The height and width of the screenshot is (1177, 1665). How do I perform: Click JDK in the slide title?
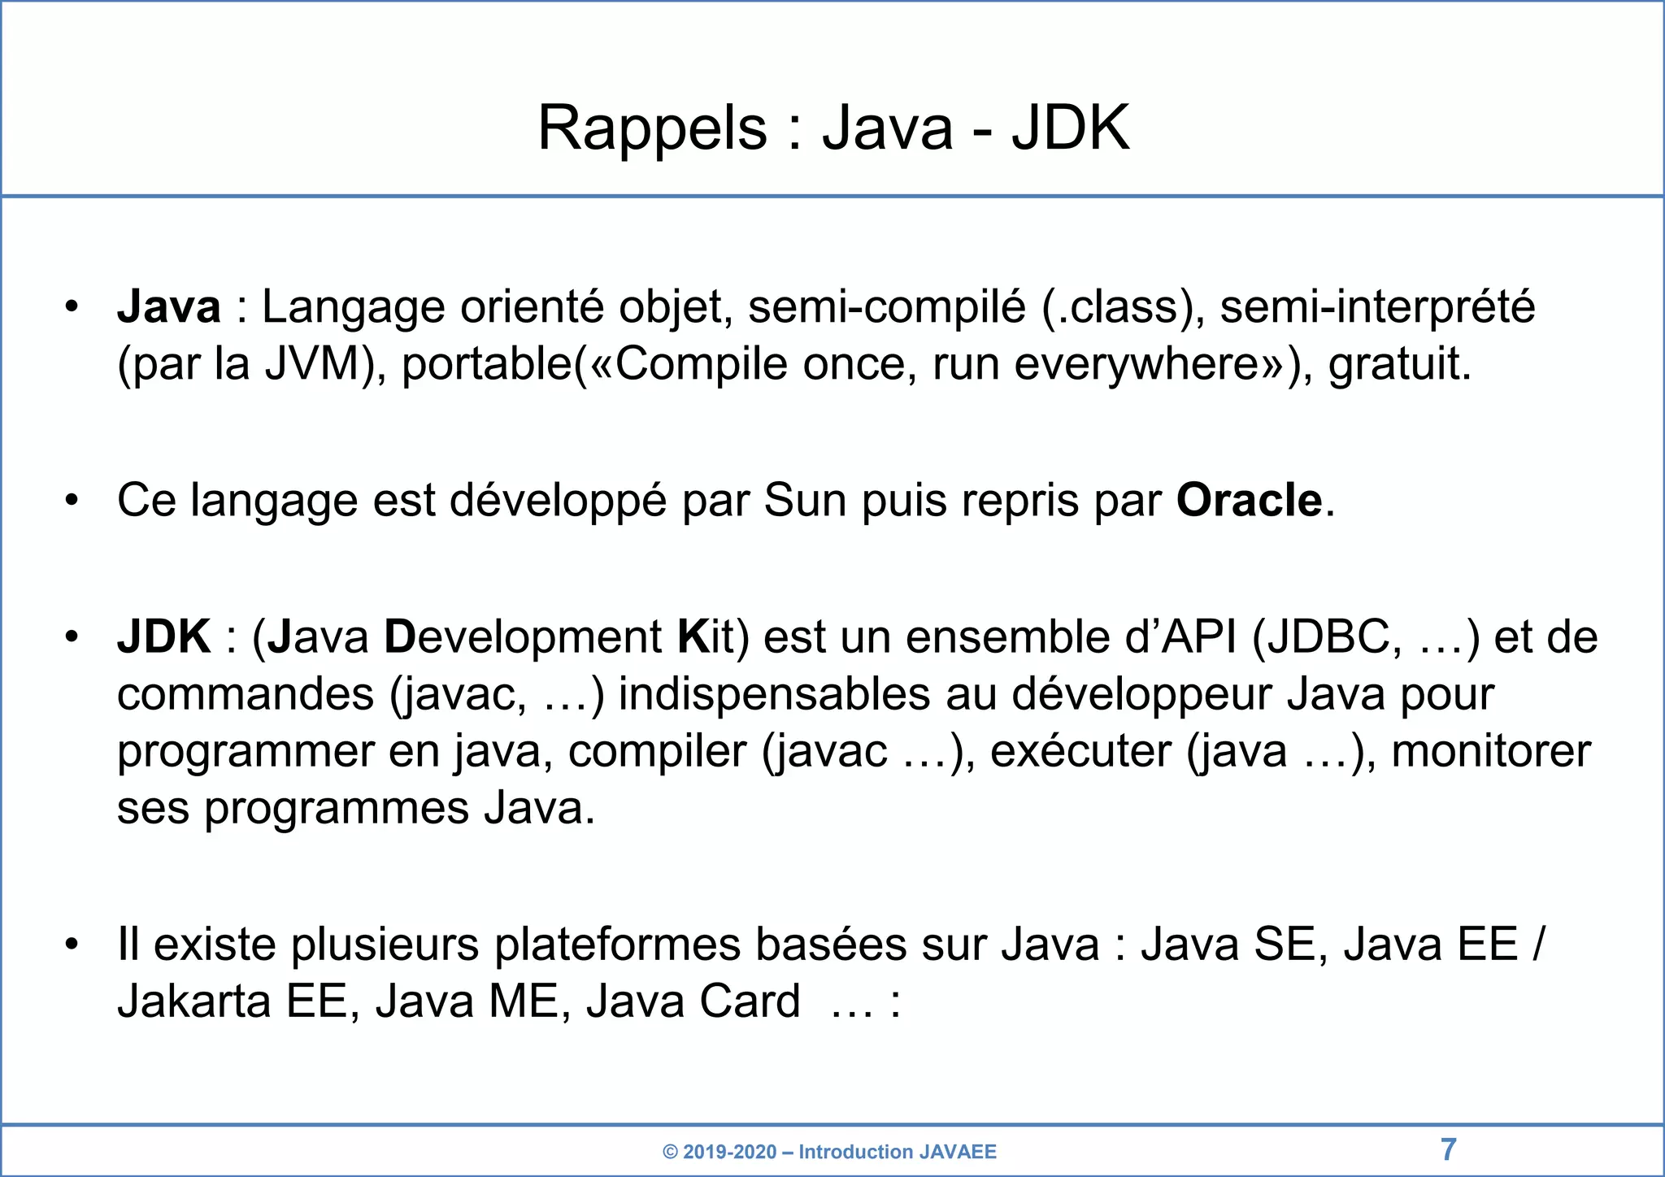pos(1070,128)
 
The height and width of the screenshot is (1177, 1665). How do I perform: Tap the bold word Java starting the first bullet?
pos(169,307)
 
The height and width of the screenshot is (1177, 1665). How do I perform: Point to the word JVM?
pos(312,364)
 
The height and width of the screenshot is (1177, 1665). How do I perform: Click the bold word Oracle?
pos(1249,500)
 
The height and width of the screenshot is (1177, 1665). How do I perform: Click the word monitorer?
pos(1490,751)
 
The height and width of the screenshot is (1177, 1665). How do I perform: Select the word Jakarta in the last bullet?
pos(193,1001)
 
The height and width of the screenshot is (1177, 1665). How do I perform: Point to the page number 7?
pos(1448,1149)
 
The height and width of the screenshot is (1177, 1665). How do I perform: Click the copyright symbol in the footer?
pos(670,1152)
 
